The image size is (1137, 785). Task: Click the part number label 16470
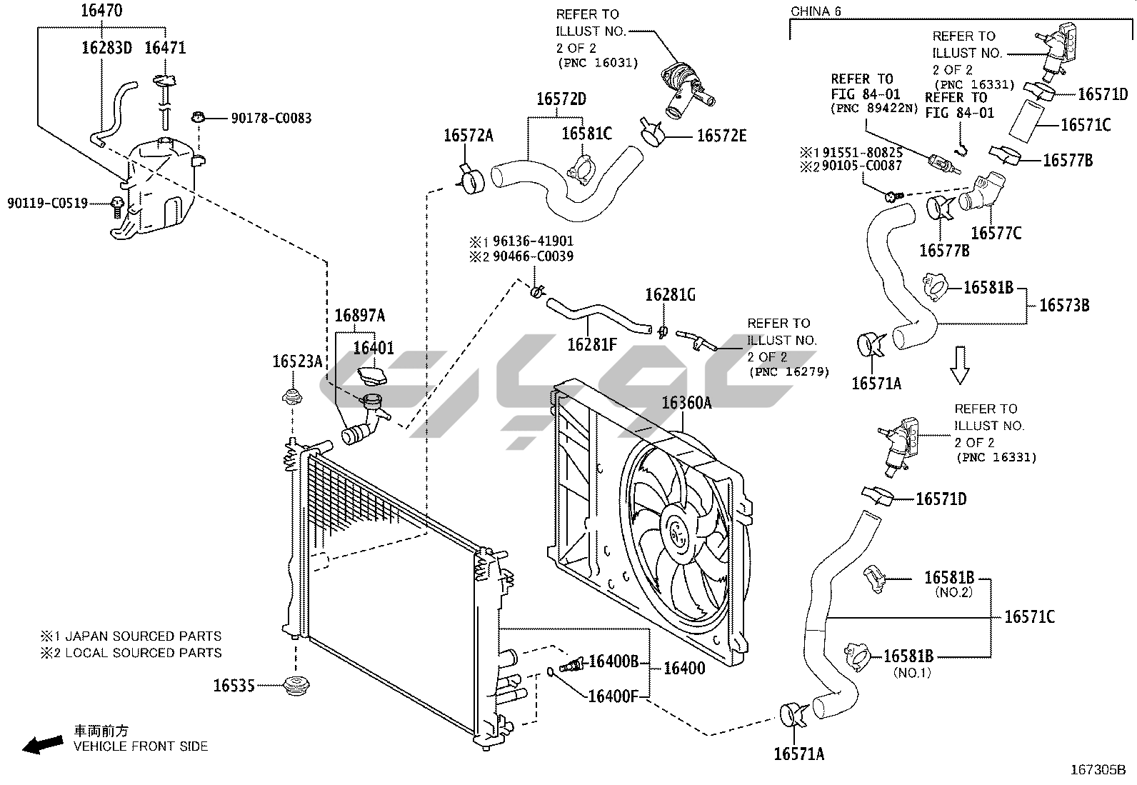pyautogui.click(x=102, y=11)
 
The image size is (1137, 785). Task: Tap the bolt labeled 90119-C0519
pyautogui.click(x=117, y=208)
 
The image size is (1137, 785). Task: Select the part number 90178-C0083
pyautogui.click(x=271, y=119)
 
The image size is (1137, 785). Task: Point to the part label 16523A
pyautogui.click(x=297, y=361)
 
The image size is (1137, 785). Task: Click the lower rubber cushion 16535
pyautogui.click(x=296, y=686)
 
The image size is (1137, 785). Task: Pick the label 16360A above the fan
pyautogui.click(x=687, y=403)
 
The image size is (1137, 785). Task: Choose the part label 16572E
pyautogui.click(x=722, y=136)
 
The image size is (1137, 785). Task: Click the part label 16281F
pyautogui.click(x=592, y=345)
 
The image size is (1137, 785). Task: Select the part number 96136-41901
pyautogui.click(x=533, y=241)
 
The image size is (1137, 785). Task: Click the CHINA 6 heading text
pyautogui.click(x=816, y=11)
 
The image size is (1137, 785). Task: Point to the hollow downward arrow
pyautogui.click(x=960, y=365)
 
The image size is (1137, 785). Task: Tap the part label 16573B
pyautogui.click(x=1064, y=306)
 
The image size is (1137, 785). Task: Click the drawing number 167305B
pyautogui.click(x=1098, y=770)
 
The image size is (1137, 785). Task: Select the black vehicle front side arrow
pyautogui.click(x=43, y=744)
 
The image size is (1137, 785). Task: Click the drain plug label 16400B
pyautogui.click(x=613, y=661)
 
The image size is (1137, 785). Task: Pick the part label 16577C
pyautogui.click(x=996, y=234)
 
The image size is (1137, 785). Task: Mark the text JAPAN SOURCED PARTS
pyautogui.click(x=144, y=636)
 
